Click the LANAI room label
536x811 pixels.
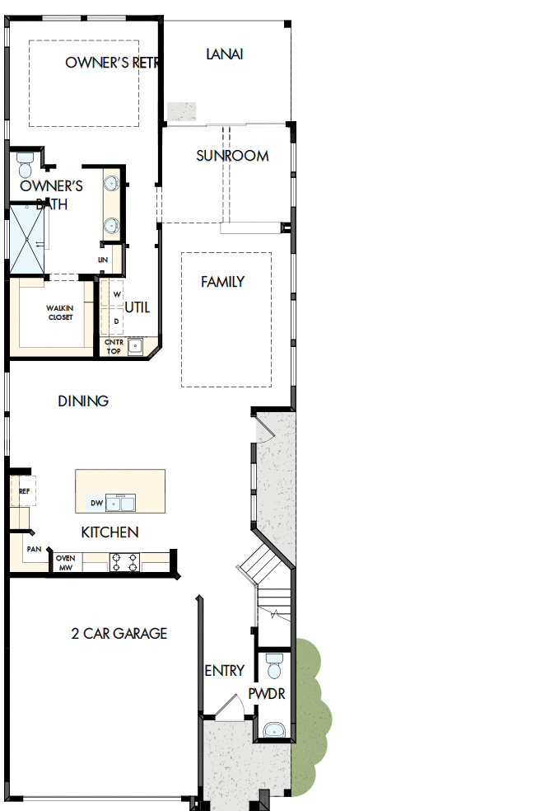click(224, 54)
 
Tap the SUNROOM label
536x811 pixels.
click(232, 156)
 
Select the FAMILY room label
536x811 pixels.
click(222, 282)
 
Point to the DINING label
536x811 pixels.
click(83, 401)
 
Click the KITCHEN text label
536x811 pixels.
click(110, 532)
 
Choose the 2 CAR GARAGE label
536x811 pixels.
click(119, 633)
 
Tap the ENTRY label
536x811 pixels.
click(224, 671)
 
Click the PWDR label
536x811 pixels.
click(267, 694)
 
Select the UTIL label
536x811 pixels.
click(137, 307)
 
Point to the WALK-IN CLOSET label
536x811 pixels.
click(60, 312)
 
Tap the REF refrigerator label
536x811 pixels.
click(24, 490)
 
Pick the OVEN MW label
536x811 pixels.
click(65, 563)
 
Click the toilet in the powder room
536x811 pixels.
click(275, 663)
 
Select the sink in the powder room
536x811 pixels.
click(273, 729)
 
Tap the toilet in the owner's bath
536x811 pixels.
click(24, 165)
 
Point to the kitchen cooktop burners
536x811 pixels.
click(124, 562)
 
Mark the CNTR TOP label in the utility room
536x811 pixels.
click(114, 346)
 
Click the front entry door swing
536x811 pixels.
click(232, 706)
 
